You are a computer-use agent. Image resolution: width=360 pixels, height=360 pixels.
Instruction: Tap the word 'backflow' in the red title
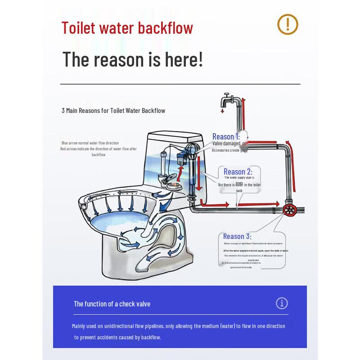[165, 28]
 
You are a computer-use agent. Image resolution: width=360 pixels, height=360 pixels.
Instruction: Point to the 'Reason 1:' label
[226, 136]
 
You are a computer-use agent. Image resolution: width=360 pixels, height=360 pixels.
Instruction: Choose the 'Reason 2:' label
[238, 171]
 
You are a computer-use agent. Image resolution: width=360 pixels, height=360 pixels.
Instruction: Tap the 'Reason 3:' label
[237, 236]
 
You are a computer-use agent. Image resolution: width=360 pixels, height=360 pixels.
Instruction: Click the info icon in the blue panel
[282, 303]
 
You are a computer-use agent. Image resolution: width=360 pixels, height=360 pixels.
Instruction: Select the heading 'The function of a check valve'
[112, 304]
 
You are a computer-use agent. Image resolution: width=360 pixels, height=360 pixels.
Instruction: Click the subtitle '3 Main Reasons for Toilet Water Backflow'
[113, 110]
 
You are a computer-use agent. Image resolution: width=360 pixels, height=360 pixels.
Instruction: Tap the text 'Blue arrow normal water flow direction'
[90, 143]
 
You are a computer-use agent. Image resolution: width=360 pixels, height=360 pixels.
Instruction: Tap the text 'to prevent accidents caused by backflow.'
[117, 337]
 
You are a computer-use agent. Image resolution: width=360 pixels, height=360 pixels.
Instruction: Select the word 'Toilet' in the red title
[79, 28]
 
